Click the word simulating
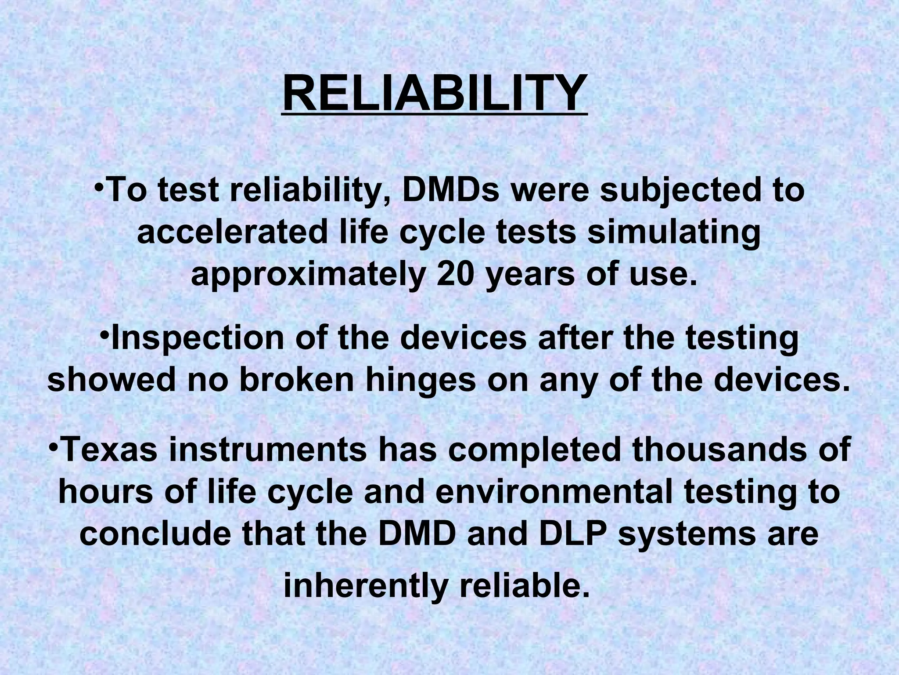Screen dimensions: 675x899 click(674, 234)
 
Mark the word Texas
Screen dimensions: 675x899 click(108, 451)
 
